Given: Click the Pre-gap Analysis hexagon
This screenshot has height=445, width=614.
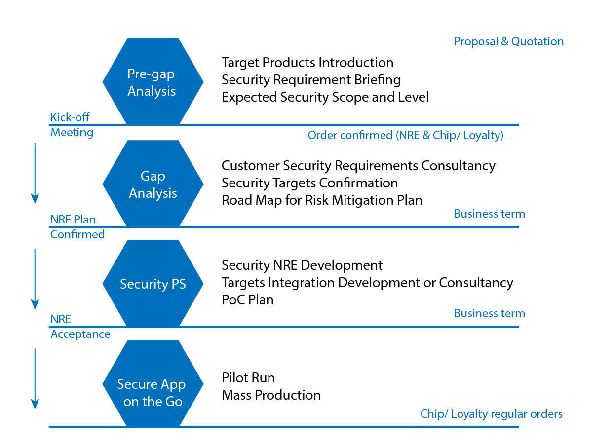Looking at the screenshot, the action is [153, 82].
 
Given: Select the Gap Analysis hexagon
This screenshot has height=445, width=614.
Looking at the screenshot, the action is [153, 184].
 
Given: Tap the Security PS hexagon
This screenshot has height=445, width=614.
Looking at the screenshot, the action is [153, 284].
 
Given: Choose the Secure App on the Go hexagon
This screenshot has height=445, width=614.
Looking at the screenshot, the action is [153, 384].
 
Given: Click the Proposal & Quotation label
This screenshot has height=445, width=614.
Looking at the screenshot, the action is [509, 41].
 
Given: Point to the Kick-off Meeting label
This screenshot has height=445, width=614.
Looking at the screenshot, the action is [72, 125].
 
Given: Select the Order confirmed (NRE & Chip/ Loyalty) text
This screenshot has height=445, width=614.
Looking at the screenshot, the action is [405, 135].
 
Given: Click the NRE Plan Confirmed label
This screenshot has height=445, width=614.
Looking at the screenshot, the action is [77, 227].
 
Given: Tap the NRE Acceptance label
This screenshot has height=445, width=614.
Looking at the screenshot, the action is [80, 327].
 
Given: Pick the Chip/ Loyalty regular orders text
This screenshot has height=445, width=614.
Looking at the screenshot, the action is [491, 414].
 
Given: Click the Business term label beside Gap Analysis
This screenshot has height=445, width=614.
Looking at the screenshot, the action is [490, 214].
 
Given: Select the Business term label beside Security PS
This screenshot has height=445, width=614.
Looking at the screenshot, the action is [490, 313].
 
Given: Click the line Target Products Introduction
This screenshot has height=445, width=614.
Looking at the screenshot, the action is [307, 63].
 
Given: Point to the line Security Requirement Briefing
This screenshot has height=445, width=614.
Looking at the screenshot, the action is [311, 80].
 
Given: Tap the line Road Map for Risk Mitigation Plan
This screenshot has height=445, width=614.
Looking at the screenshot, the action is [322, 200].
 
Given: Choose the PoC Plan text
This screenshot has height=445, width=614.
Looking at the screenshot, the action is [247, 300].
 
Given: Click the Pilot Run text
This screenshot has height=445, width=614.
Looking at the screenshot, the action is [248, 378].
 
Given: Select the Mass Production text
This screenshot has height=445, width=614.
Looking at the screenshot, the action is [271, 395].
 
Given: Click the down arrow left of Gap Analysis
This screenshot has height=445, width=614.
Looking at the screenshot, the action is [35, 173].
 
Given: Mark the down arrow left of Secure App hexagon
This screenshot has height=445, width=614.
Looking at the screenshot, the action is [35, 379].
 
